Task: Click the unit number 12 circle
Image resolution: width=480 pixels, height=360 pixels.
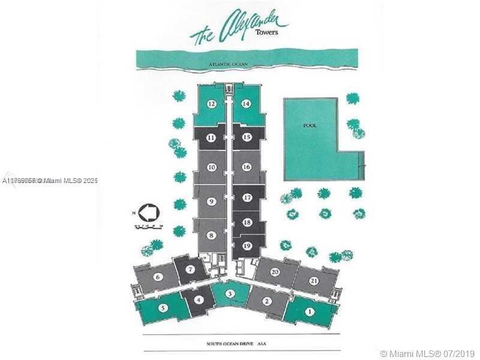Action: coord(212,104)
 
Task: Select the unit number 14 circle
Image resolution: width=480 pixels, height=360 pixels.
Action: coord(246,104)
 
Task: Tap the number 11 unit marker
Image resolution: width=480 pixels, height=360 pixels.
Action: coord(212,137)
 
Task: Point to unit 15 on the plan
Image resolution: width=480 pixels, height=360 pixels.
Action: coord(246,137)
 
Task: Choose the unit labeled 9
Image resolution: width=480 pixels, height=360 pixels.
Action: coord(212,202)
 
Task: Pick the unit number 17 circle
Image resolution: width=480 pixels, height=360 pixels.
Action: coord(247,197)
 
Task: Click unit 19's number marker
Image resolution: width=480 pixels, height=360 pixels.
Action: coord(247,245)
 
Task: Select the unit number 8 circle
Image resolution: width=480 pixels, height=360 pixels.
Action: coord(212,235)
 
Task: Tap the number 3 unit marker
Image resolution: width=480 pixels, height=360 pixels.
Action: coord(230,293)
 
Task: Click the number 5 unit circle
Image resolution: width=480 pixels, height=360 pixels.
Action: coord(163,308)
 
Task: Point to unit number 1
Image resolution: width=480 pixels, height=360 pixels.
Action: coord(310,311)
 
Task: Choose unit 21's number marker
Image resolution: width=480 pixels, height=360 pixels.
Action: coord(314,281)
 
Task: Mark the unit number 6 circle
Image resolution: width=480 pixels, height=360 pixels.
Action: coord(158,277)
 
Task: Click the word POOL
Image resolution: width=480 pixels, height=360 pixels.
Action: coord(310,125)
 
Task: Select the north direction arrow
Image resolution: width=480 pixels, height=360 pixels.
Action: coord(147,212)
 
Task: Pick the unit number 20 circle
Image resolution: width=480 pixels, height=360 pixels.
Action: coord(275,272)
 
